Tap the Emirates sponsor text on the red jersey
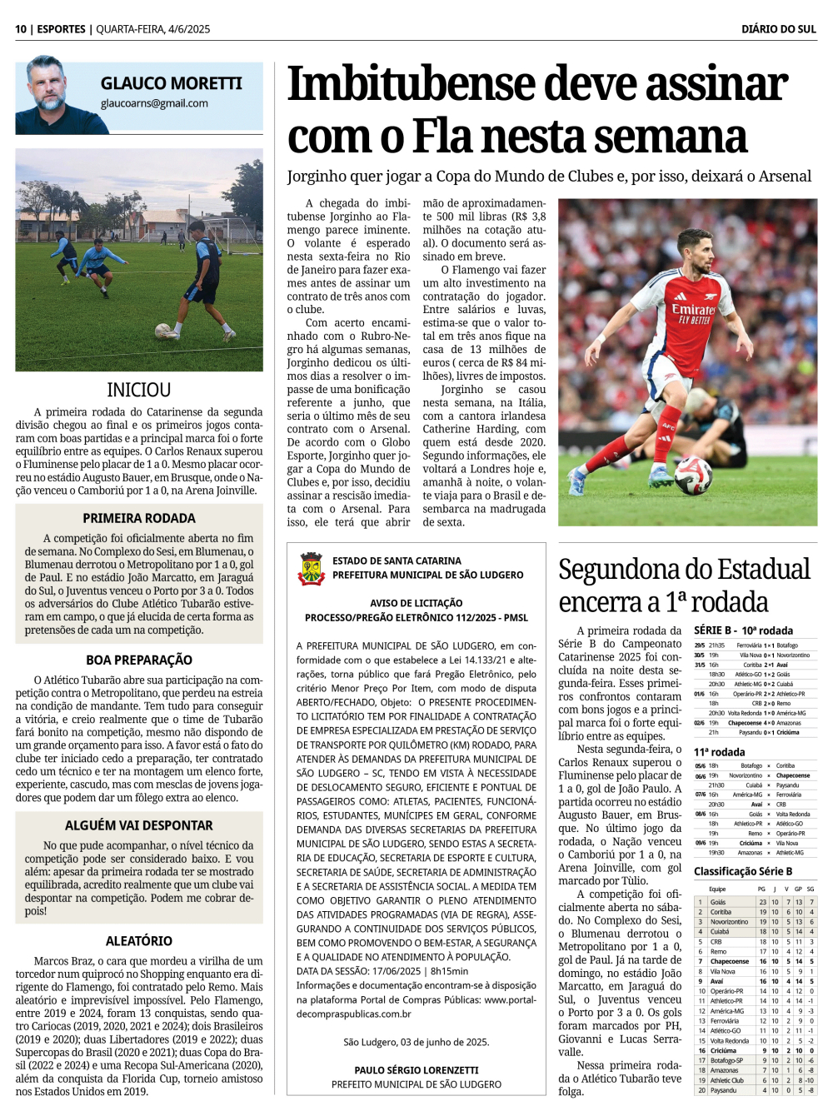693,309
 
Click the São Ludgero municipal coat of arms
311,568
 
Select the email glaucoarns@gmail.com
154,103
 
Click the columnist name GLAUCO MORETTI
171,83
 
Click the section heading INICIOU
139,390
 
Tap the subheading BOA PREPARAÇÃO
139,660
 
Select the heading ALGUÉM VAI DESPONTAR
139,825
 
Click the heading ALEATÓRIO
139,941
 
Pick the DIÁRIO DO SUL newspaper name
778,29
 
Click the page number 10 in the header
21,29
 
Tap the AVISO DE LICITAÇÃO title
416,603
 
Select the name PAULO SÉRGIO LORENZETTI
416,1070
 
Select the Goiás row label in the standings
718,902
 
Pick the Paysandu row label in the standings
723,1090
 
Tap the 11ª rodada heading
720,752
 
